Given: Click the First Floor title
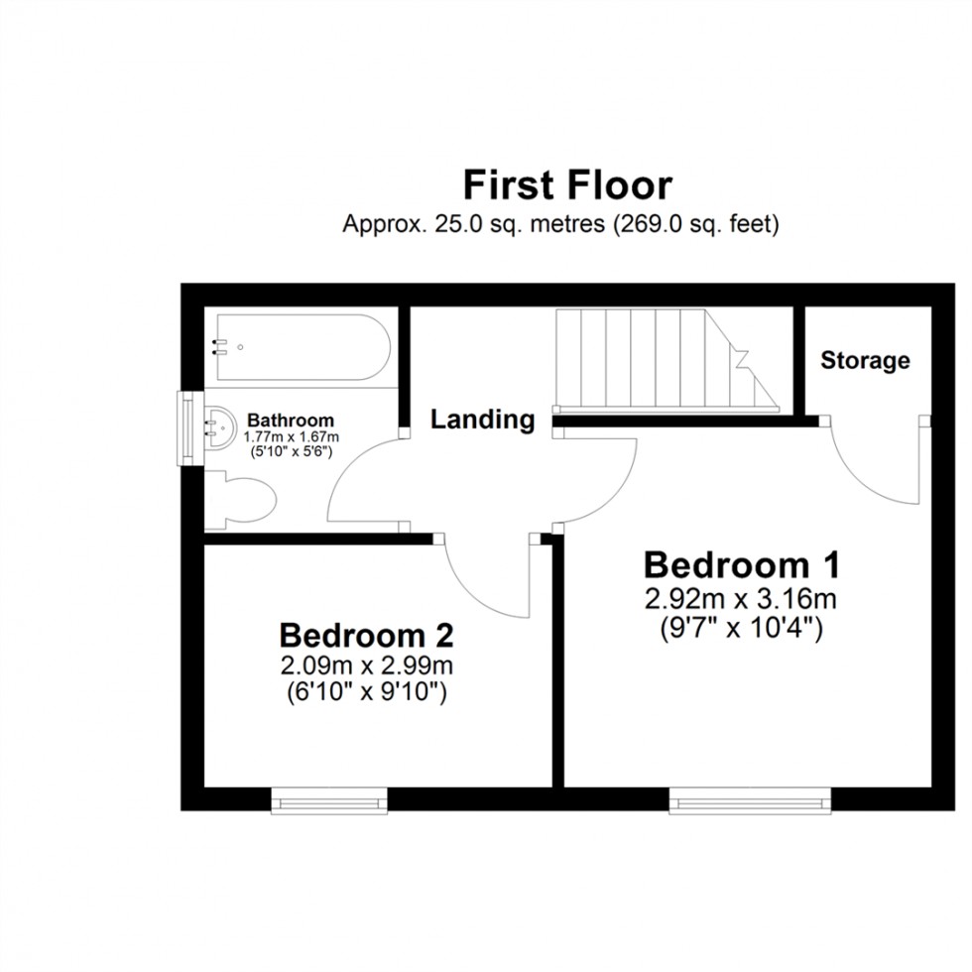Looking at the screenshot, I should point(568,185).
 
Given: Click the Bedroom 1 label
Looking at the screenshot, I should point(742,565).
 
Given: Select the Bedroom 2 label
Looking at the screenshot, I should point(366,635).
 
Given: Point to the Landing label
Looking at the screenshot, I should point(482,420).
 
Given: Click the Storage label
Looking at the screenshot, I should point(865,360).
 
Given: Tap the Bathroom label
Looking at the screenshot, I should point(290,421).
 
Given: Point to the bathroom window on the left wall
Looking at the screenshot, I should point(185,427).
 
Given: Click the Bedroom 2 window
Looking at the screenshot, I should point(329,799).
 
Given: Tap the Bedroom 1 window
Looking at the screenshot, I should point(749,799).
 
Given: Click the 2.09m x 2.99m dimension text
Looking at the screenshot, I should point(366,666).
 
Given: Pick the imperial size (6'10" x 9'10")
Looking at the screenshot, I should point(366,691).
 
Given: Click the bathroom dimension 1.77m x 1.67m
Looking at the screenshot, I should point(292,437).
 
